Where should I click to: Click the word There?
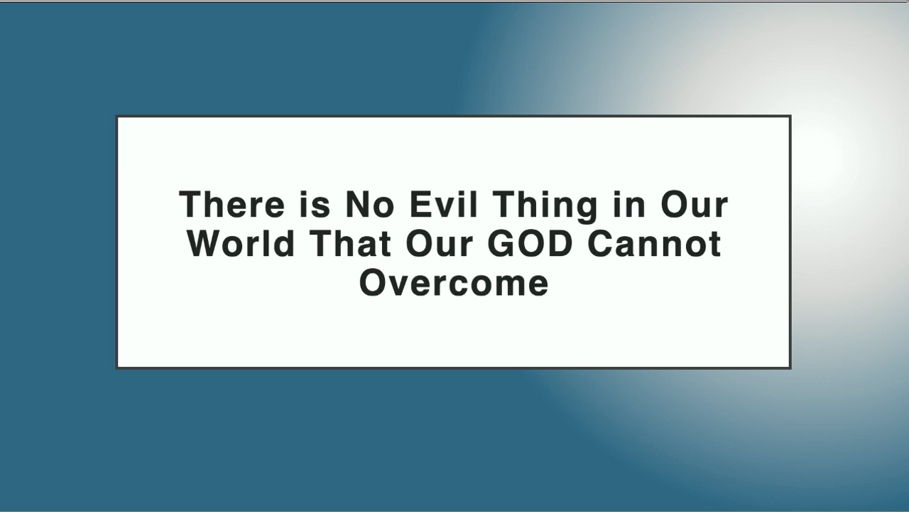232,205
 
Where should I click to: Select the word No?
370,205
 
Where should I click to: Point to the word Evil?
444,205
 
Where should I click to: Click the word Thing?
545,207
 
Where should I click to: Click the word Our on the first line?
695,205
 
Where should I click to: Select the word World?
241,244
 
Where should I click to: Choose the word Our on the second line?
440,244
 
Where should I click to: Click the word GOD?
530,244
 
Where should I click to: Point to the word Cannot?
655,244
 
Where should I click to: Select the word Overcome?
454,283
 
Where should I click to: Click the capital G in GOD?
501,244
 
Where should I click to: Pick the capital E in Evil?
421,205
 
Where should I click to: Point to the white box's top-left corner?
116,116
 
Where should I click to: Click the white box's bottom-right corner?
791,368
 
